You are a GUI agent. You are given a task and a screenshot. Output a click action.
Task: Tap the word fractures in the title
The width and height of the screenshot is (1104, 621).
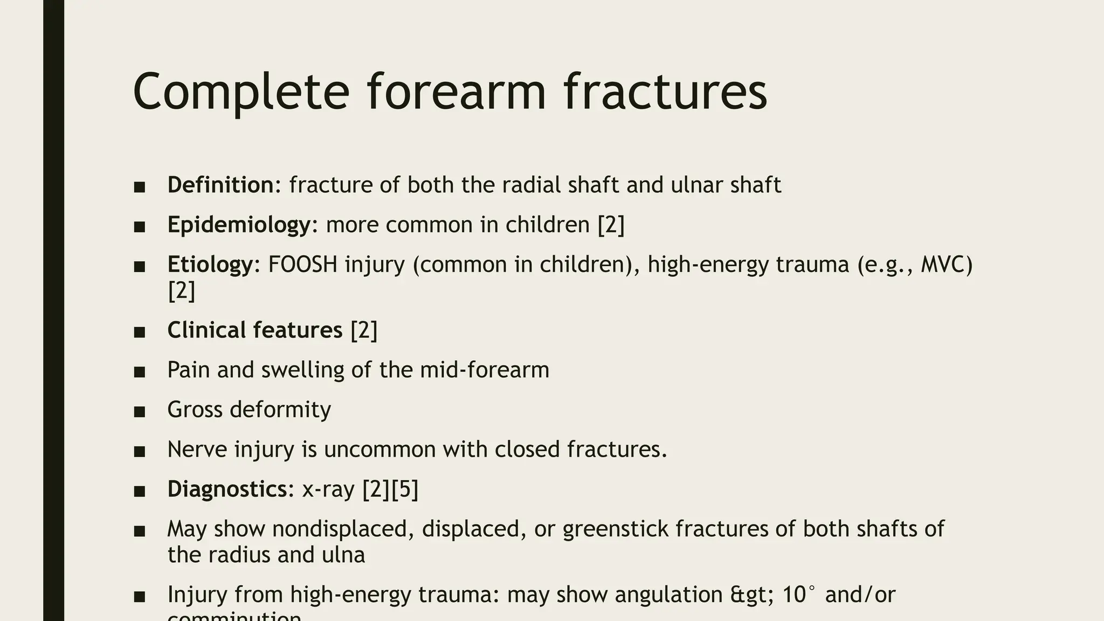[665, 92]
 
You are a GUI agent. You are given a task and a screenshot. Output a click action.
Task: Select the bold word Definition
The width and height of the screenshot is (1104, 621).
[220, 185]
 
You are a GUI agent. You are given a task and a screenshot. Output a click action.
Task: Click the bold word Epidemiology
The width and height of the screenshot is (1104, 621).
[239, 225]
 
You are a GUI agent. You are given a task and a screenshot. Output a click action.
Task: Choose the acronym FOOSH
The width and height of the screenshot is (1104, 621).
[302, 265]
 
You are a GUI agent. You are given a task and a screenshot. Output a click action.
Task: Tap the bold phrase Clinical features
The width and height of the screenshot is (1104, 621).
[254, 330]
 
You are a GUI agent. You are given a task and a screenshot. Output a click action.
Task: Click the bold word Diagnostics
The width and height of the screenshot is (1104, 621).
[227, 489]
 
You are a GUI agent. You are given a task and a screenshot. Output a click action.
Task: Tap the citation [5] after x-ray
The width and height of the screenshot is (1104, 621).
[404, 489]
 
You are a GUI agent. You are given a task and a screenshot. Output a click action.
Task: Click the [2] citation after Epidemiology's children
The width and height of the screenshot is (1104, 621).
[611, 225]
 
